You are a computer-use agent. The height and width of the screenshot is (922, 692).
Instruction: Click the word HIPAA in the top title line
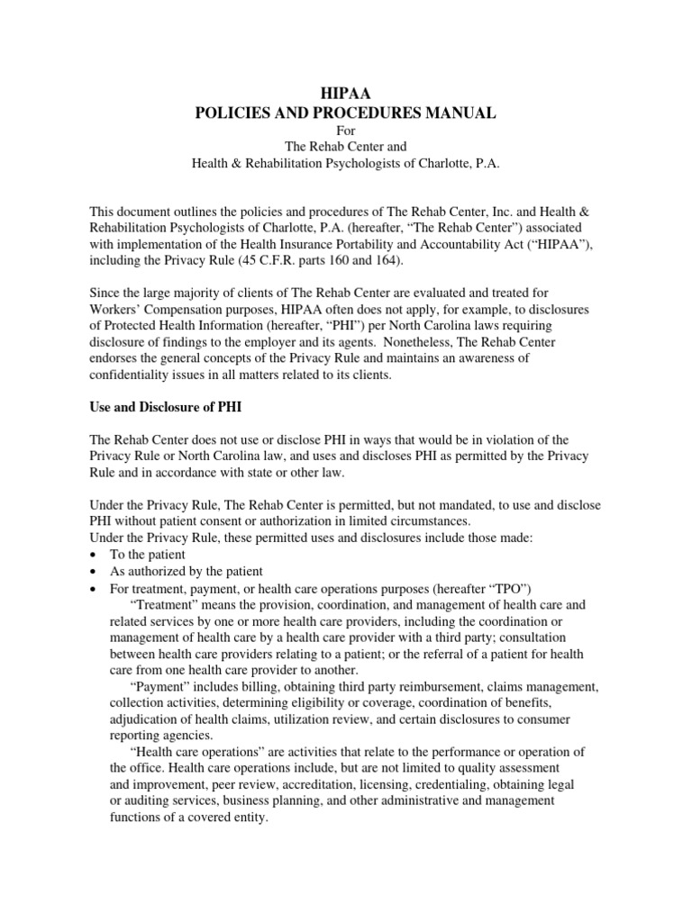pyautogui.click(x=346, y=91)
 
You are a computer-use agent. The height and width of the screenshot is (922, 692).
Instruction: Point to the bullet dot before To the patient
pyautogui.click(x=95, y=556)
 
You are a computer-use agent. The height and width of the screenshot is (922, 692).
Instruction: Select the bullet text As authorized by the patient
pyautogui.click(x=187, y=571)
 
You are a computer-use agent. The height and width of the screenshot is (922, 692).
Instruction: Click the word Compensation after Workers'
pyautogui.click(x=196, y=308)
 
